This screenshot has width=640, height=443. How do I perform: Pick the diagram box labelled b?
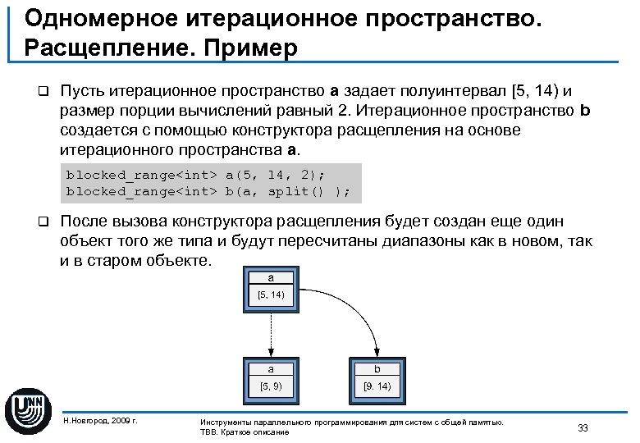pos(377,378)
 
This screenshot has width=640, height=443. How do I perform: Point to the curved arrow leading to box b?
pos(353,316)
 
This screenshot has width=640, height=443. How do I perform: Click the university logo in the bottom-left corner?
pos(28,408)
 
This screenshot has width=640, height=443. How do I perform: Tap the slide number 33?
pos(583,427)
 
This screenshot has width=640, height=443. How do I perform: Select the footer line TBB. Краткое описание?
pos(245,432)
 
